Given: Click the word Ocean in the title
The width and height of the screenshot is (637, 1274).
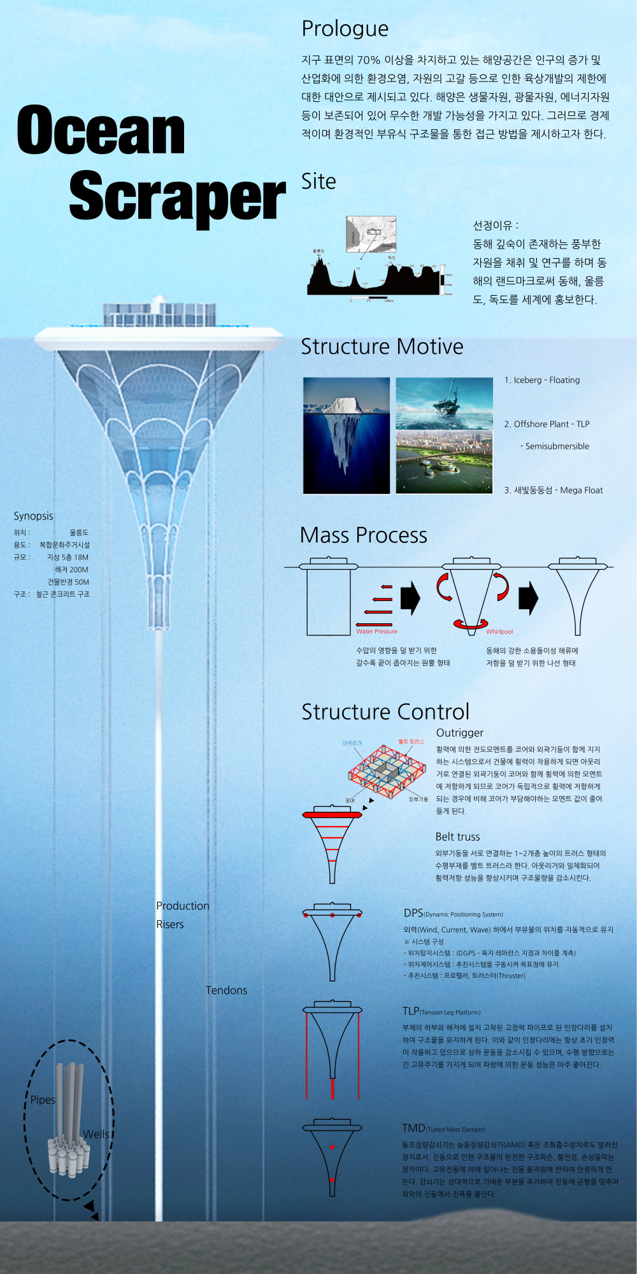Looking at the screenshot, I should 101,131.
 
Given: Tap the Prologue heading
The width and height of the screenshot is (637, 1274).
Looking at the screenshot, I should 345,29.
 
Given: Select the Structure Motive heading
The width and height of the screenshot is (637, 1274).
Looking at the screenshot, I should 382,347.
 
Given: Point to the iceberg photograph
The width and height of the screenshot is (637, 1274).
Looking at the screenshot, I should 347,435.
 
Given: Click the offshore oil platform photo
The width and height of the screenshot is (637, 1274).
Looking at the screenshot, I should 444,403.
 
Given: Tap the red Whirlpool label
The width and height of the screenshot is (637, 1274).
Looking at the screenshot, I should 499,632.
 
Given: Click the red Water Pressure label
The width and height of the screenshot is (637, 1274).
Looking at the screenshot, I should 376,632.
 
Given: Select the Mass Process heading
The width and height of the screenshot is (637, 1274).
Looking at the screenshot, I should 363,535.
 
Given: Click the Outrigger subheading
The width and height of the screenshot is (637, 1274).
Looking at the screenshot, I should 459,733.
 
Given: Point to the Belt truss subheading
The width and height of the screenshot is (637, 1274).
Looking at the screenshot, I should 457,837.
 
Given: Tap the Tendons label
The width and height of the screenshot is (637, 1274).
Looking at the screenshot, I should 226,990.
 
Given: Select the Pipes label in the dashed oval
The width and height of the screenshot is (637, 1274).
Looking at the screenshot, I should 43,1100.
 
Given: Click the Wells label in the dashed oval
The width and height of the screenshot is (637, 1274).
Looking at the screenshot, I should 96,1134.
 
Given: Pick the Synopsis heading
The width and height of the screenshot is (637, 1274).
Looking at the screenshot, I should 33,516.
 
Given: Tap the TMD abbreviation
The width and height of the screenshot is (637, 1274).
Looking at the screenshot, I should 413,1128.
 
